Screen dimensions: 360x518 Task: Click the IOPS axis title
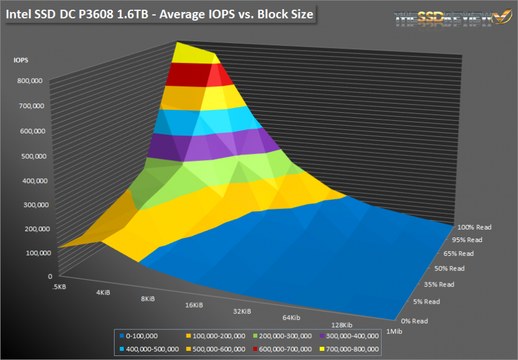tap(21, 59)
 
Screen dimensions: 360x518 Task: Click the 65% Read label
tap(458, 253)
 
